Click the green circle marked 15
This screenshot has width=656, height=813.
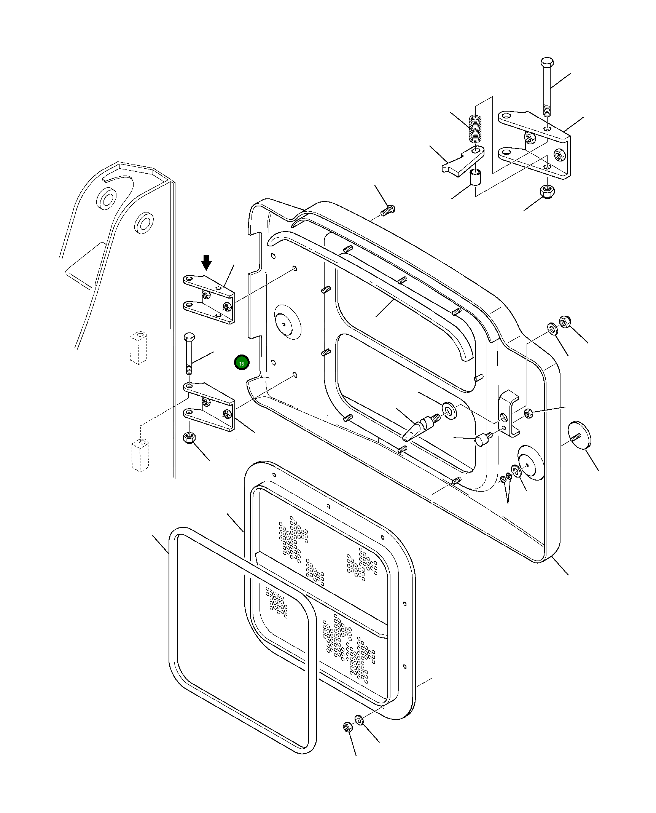(241, 363)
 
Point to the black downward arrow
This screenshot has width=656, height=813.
(206, 262)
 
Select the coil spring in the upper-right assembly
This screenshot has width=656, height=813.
(475, 129)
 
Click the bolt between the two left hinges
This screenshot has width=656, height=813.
(189, 354)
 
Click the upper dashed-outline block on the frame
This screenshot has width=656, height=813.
(138, 347)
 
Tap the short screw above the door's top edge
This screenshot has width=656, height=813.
(388, 210)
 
